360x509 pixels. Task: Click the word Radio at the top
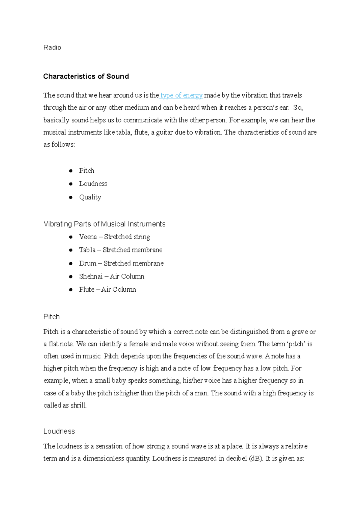pyautogui.click(x=52, y=47)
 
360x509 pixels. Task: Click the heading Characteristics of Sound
pyautogui.click(x=86, y=76)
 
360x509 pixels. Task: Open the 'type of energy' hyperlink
pyautogui.click(x=181, y=95)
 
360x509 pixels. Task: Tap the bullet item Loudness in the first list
pyautogui.click(x=93, y=184)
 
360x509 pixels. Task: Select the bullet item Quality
pyautogui.click(x=90, y=197)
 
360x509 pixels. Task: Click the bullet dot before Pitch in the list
pyautogui.click(x=71, y=171)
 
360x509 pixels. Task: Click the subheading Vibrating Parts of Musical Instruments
pyautogui.click(x=104, y=224)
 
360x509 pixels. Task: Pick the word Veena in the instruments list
pyautogui.click(x=88, y=237)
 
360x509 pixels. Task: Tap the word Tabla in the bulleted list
pyautogui.click(x=87, y=250)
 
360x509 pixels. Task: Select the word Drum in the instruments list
pyautogui.click(x=88, y=263)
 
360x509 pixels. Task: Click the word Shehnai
pyautogui.click(x=91, y=276)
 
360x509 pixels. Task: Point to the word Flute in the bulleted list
pyautogui.click(x=87, y=290)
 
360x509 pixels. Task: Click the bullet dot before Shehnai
pyautogui.click(x=71, y=277)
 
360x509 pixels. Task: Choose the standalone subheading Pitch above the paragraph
pyautogui.click(x=52, y=317)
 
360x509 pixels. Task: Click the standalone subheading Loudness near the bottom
pyautogui.click(x=59, y=431)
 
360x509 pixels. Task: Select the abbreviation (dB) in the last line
pyautogui.click(x=256, y=459)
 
